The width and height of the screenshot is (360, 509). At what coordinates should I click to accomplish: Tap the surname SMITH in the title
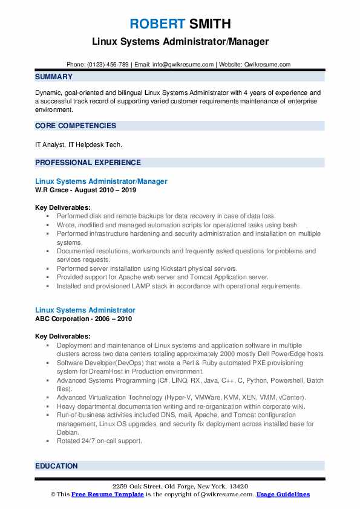pyautogui.click(x=210, y=24)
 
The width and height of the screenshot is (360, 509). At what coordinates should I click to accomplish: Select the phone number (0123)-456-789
pyautogui.click(x=109, y=65)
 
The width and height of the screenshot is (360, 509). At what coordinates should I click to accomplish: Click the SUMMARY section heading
pyautogui.click(x=54, y=77)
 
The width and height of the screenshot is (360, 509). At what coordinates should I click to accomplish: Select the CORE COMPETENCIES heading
pyautogui.click(x=76, y=126)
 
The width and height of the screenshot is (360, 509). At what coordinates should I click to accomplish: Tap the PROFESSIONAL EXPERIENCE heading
pyautogui.click(x=88, y=162)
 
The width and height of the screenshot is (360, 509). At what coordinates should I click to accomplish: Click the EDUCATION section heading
pyautogui.click(x=57, y=466)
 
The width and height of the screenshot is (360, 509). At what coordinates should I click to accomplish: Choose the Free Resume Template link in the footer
pyautogui.click(x=100, y=494)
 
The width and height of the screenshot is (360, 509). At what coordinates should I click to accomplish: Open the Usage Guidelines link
pyautogui.click(x=283, y=494)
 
